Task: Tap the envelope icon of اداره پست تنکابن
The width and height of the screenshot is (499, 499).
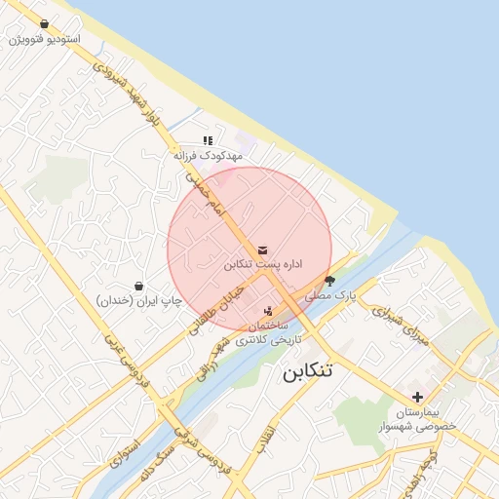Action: [263, 249]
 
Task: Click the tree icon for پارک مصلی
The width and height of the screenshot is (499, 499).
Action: [329, 281]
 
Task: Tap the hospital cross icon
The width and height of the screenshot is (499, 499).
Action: [418, 397]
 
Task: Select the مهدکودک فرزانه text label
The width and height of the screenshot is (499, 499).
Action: [208, 156]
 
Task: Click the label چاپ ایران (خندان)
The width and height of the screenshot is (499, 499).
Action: [139, 301]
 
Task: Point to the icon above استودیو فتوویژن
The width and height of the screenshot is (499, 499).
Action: [44, 23]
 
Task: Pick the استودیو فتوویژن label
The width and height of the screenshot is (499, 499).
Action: [44, 39]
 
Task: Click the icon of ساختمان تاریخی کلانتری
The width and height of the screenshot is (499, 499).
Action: [269, 310]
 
